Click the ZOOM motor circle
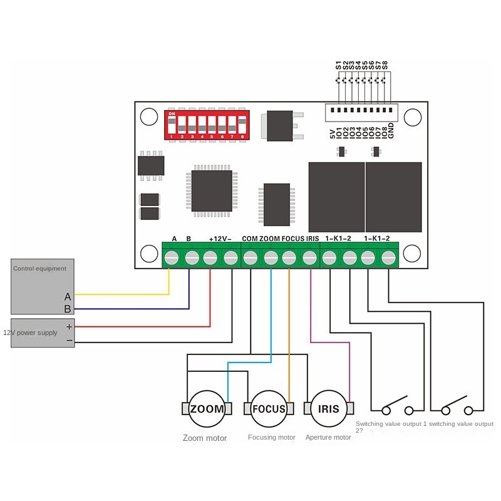click(x=207, y=409)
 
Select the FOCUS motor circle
click(x=269, y=409)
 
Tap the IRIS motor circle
click(x=328, y=409)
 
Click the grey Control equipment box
click(x=43, y=286)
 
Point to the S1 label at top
click(x=339, y=65)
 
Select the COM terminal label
click(x=249, y=239)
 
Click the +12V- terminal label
click(x=220, y=239)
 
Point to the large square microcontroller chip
click(x=212, y=191)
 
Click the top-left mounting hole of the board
click(x=149, y=117)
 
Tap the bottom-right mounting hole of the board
click(x=411, y=254)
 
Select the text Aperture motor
click(x=328, y=437)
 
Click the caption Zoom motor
click(x=205, y=438)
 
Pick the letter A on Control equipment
click(x=68, y=296)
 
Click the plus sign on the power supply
click(x=69, y=327)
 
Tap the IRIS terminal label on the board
click(x=313, y=239)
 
